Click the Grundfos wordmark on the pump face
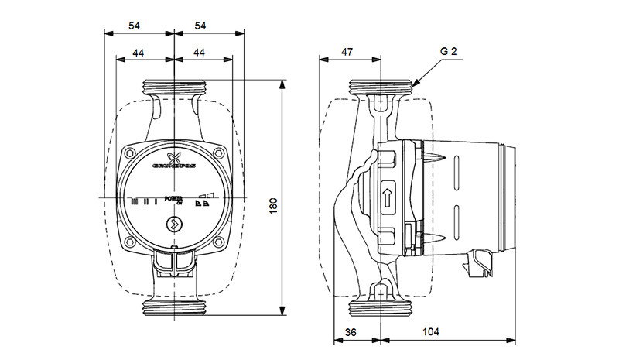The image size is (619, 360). [174, 165]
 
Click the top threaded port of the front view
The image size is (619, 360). [175, 86]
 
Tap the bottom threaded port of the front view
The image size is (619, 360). [175, 307]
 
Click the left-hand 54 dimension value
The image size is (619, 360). [135, 26]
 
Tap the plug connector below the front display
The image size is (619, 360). [174, 264]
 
